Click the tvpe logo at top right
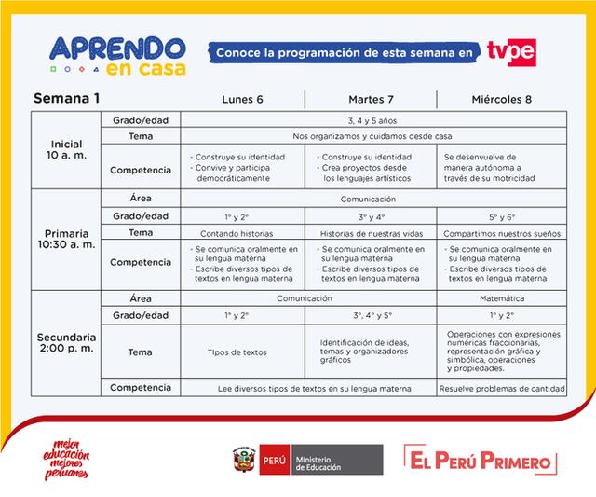coord(511,53)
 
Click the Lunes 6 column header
coord(242,99)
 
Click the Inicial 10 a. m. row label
coord(68,150)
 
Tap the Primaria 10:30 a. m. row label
coord(68,240)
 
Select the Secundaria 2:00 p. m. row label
coord(68,342)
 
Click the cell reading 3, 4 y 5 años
coord(372,120)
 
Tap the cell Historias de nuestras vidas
coord(372,232)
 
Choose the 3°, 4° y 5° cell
coord(372,315)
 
